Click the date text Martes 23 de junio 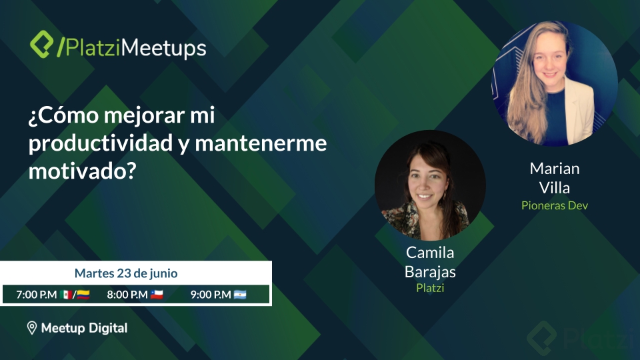click(x=126, y=273)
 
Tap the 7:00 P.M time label click(x=36, y=295)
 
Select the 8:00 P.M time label click(x=127, y=295)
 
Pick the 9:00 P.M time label click(x=210, y=295)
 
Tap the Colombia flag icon click(x=83, y=295)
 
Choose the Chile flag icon click(x=157, y=295)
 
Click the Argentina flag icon click(x=240, y=295)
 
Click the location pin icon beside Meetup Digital click(x=31, y=328)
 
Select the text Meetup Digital click(x=84, y=328)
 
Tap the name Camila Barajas click(x=430, y=262)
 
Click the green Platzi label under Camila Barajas click(x=430, y=288)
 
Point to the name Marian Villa click(x=555, y=177)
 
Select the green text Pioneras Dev click(x=555, y=205)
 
